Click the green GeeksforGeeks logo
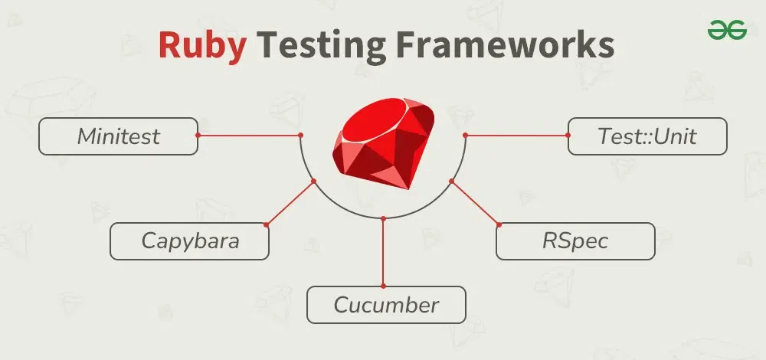(727, 30)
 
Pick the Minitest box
(118, 136)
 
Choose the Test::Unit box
(647, 136)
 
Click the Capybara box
(189, 241)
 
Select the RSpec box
(575, 241)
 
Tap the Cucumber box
(386, 305)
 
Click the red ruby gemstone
(383, 142)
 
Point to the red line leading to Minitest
(249, 135)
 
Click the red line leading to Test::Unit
(517, 135)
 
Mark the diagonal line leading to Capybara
(290, 203)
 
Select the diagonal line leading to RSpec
(476, 203)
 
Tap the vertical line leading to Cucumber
(384, 252)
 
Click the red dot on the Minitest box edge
(198, 135)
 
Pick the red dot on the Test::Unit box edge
(568, 135)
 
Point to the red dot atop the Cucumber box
(384, 286)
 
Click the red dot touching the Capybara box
(267, 224)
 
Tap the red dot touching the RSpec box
(499, 224)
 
